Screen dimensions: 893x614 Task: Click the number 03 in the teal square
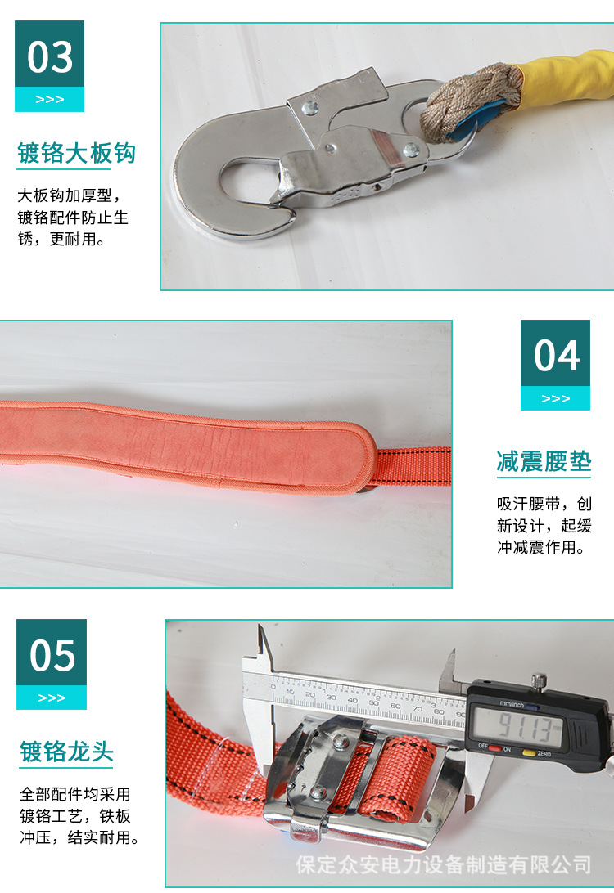pos(50,56)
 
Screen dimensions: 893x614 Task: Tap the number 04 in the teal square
pos(556,355)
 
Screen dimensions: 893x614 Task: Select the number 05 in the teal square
pos(52,655)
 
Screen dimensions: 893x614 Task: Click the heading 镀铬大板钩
pos(76,153)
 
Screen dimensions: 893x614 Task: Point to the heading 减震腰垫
pos(544,461)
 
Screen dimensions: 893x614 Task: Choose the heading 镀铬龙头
pos(66,752)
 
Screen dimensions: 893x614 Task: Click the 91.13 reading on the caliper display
pos(517,725)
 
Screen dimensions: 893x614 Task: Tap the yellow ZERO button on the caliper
pos(529,752)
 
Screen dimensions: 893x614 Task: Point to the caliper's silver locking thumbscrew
pos(538,680)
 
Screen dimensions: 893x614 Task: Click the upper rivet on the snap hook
pos(310,105)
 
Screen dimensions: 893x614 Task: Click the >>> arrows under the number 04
pos(556,398)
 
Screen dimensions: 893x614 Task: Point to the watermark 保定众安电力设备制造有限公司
pos(443,864)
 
